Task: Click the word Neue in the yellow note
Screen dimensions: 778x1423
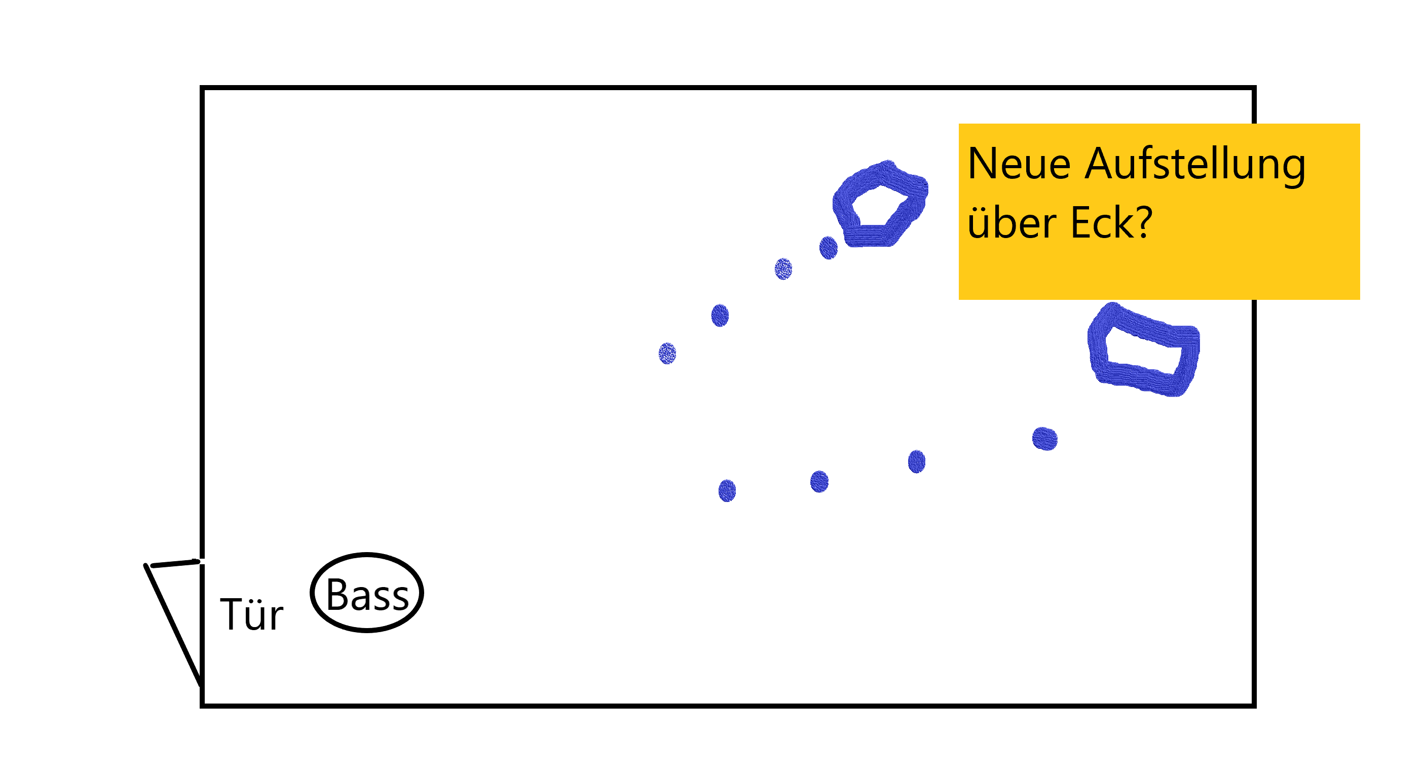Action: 1019,165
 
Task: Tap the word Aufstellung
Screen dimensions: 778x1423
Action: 1194,165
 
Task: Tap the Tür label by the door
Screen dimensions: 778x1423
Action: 251,614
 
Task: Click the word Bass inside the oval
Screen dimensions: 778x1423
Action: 367,595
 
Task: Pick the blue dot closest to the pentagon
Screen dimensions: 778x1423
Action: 828,248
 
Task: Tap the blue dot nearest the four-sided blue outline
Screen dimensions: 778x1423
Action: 1044,440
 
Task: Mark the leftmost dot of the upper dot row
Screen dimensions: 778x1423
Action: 667,354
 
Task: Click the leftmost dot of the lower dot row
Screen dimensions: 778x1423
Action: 727,490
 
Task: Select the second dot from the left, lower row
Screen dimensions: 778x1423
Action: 819,482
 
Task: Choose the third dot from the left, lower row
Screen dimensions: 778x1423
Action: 916,461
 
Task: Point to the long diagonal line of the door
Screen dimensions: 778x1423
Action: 172,624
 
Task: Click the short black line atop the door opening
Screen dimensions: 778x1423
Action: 174,563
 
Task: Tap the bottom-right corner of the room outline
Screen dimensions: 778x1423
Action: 1254,705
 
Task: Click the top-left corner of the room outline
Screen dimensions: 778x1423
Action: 203,88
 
